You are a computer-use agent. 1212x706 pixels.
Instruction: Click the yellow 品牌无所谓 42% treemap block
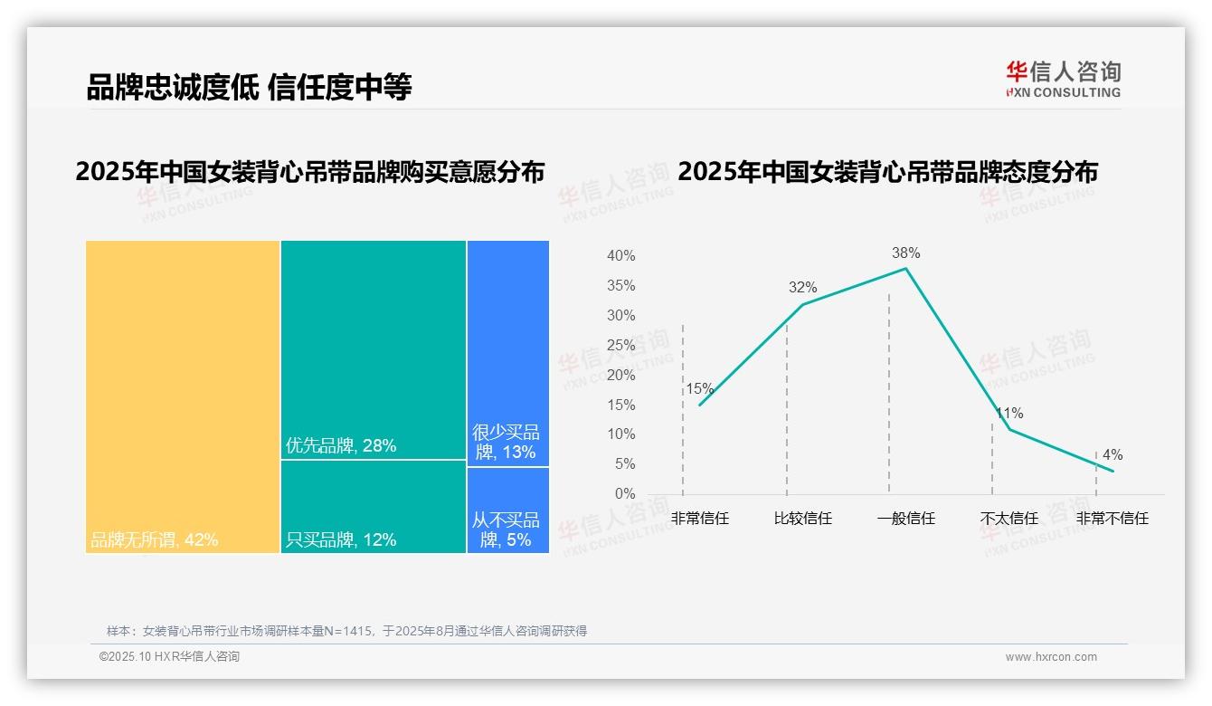tap(183, 396)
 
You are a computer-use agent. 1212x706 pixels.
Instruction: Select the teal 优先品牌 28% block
tap(373, 349)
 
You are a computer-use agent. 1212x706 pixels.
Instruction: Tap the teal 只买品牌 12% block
tap(373, 507)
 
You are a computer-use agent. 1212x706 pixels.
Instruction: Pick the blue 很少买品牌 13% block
tap(507, 353)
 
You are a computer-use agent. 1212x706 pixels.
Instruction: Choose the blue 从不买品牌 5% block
tap(507, 510)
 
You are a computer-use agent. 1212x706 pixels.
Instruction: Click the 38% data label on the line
tap(905, 253)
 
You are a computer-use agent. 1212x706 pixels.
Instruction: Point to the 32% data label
tap(802, 288)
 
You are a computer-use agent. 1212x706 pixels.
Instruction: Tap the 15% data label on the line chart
tap(699, 389)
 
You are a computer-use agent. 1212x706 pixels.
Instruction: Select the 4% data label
tap(1113, 455)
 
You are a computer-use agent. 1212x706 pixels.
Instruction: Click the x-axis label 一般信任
tap(905, 519)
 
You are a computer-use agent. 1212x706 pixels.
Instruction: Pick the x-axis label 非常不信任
tap(1112, 519)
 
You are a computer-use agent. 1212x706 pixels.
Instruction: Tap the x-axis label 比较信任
tap(802, 519)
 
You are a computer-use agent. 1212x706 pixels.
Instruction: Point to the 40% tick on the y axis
tap(620, 256)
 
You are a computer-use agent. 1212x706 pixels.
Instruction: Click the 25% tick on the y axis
tap(620, 345)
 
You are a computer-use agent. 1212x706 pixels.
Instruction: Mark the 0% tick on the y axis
tap(625, 494)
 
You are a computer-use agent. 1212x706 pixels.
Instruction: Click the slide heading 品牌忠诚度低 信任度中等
tap(249, 87)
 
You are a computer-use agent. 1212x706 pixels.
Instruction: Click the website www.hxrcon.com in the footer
tap(1051, 657)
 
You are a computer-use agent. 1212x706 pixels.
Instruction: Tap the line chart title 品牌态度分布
tap(887, 171)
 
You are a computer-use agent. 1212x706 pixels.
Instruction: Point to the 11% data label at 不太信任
tap(1009, 414)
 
